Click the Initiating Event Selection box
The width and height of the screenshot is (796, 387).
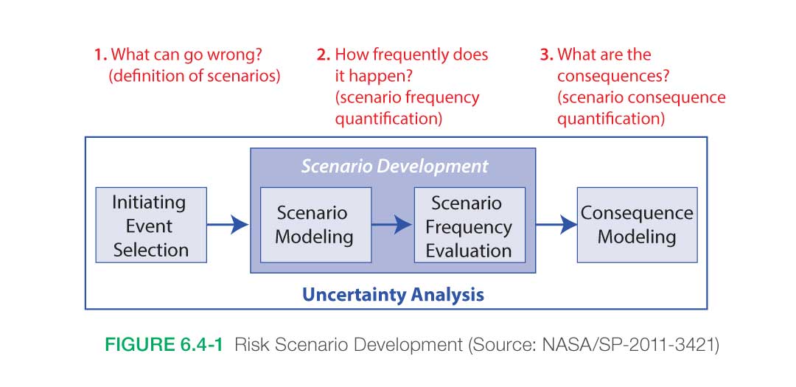point(151,226)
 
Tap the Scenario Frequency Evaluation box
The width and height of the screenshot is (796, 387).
point(469,226)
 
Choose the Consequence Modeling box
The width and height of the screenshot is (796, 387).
point(637,226)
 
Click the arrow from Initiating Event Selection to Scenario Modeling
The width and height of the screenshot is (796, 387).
point(228,225)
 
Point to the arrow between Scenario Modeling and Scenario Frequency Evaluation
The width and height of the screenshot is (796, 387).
point(391,225)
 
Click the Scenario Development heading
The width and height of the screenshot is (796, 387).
point(394,166)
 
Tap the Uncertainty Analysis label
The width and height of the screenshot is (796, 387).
point(393,295)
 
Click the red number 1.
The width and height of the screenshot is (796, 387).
point(99,55)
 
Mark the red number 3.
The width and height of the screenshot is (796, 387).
point(546,55)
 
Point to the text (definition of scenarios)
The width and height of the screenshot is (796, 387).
point(195,76)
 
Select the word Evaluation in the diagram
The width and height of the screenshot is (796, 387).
point(469,250)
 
